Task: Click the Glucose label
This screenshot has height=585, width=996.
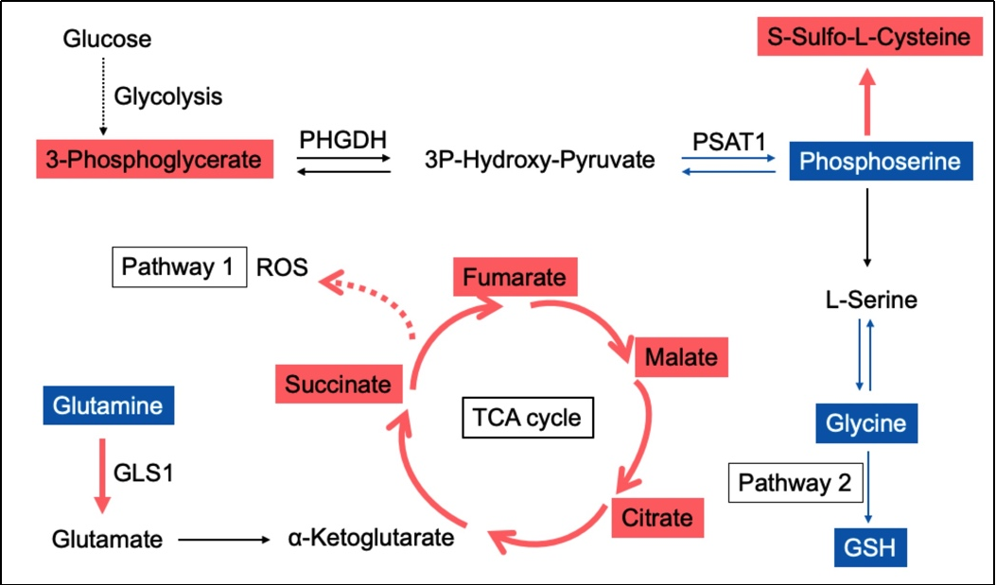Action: pyautogui.click(x=107, y=40)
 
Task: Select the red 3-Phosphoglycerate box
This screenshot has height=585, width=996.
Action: pyautogui.click(x=154, y=160)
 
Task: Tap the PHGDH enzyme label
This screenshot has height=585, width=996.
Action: pyautogui.click(x=343, y=140)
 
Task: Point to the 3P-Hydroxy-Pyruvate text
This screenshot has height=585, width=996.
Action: pyautogui.click(x=540, y=160)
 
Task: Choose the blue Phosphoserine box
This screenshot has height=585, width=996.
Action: pyautogui.click(x=880, y=162)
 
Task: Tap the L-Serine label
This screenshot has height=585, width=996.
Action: pyautogui.click(x=870, y=301)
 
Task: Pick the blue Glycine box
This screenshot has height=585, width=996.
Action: pyautogui.click(x=865, y=423)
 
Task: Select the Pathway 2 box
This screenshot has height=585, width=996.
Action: pyautogui.click(x=795, y=484)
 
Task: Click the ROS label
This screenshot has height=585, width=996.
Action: pyautogui.click(x=283, y=267)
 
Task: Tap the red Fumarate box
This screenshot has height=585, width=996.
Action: pyautogui.click(x=515, y=278)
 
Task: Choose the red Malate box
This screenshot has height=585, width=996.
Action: pyautogui.click(x=681, y=358)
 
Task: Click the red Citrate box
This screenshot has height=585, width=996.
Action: pyautogui.click(x=657, y=518)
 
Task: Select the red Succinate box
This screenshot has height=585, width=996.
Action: pyautogui.click(x=338, y=385)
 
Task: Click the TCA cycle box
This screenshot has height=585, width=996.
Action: pyautogui.click(x=528, y=417)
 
